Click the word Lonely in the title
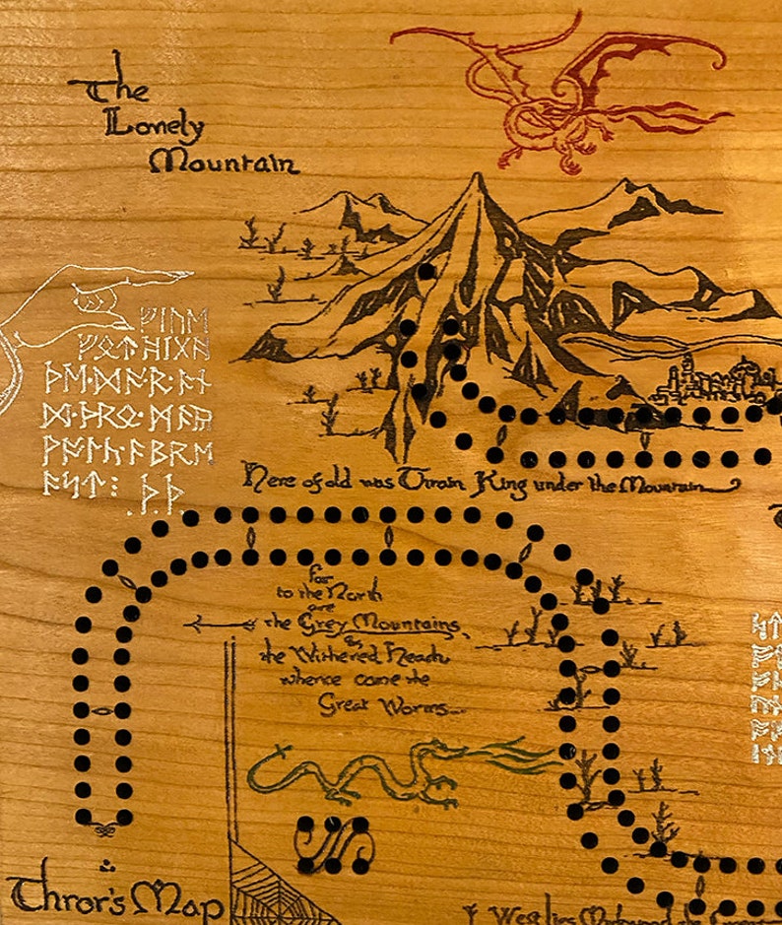[154, 126]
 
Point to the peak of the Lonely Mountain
[478, 178]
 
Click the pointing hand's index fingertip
[186, 276]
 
